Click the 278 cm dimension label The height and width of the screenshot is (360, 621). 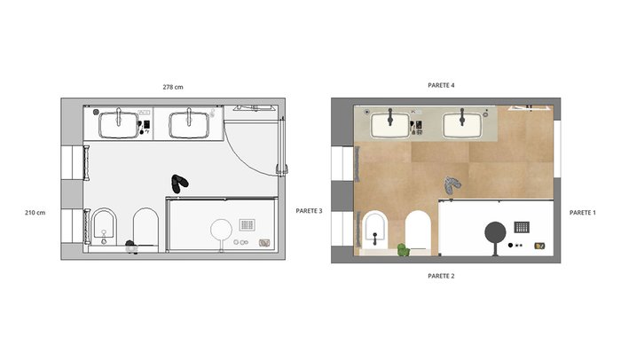point(173,87)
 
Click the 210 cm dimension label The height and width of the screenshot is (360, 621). point(35,213)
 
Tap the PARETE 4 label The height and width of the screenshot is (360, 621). point(441,85)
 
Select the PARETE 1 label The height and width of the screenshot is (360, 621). point(583,213)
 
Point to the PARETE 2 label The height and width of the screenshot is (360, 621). point(441,276)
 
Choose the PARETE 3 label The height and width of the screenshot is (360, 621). point(310,211)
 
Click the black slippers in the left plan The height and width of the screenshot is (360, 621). point(180,184)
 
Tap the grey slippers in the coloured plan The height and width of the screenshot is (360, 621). point(452,185)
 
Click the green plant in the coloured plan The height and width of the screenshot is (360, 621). point(403,250)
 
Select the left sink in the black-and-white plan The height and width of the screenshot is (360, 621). point(119,125)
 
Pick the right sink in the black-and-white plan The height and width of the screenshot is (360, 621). point(189,125)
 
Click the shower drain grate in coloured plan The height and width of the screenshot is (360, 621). point(522,227)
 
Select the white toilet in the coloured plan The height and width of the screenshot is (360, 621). point(418,231)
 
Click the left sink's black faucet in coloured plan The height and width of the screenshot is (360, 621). point(390,116)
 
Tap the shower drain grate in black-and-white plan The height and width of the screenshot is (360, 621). point(248,225)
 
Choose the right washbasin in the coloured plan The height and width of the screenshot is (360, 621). point(462,126)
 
